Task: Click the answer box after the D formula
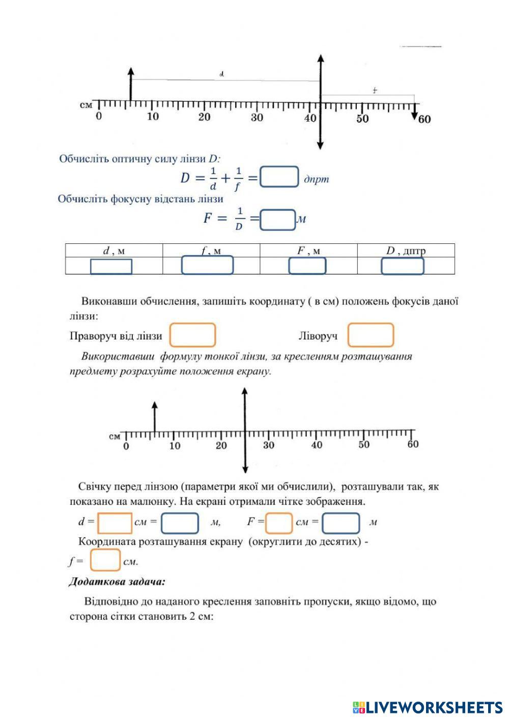[279, 177]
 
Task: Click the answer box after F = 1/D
[277, 219]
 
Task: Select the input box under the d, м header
[111, 266]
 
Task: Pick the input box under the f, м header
[207, 265]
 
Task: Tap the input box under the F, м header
[307, 266]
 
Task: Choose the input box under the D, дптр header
[402, 266]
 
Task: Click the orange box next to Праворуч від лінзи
[192, 335]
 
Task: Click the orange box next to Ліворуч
[371, 335]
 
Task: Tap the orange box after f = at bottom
[105, 560]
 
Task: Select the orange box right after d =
[115, 522]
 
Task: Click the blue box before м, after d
[180, 522]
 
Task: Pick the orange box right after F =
[279, 522]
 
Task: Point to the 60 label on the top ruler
[424, 119]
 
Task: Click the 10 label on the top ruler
[153, 117]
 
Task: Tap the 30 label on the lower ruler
[268, 446]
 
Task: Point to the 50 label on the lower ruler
[363, 445]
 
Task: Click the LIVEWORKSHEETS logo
[428, 707]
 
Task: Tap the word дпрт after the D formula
[316, 179]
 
